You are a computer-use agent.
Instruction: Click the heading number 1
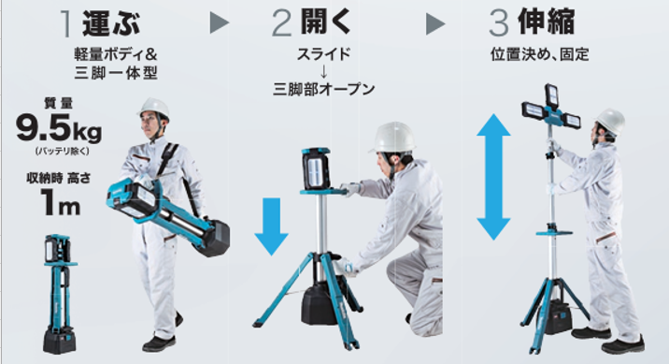pyautogui.click(x=66, y=23)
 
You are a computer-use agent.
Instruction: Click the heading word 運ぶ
pyautogui.click(x=111, y=22)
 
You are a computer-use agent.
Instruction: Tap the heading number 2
pyautogui.click(x=281, y=24)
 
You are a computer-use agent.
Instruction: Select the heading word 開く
pyautogui.click(x=325, y=22)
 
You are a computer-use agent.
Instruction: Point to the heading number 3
pyautogui.click(x=499, y=23)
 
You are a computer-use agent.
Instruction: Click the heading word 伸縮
pyautogui.click(x=546, y=22)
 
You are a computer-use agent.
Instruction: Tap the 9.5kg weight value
pyautogui.click(x=59, y=129)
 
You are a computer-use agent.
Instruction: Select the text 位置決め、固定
pyautogui.click(x=539, y=54)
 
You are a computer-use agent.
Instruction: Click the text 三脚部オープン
pyautogui.click(x=324, y=89)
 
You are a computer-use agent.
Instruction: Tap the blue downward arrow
pyautogui.click(x=271, y=226)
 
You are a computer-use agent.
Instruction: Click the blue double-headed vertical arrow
pyautogui.click(x=493, y=177)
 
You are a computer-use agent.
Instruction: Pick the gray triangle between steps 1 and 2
pyautogui.click(x=220, y=23)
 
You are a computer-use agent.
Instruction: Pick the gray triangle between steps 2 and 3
pyautogui.click(x=435, y=24)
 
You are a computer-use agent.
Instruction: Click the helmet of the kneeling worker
pyautogui.click(x=393, y=138)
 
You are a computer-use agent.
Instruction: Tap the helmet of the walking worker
pyautogui.click(x=153, y=108)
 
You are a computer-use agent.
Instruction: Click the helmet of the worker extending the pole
pyautogui.click(x=610, y=121)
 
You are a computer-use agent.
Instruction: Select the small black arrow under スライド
pyautogui.click(x=323, y=71)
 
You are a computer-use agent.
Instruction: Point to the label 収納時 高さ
pyautogui.click(x=59, y=178)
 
